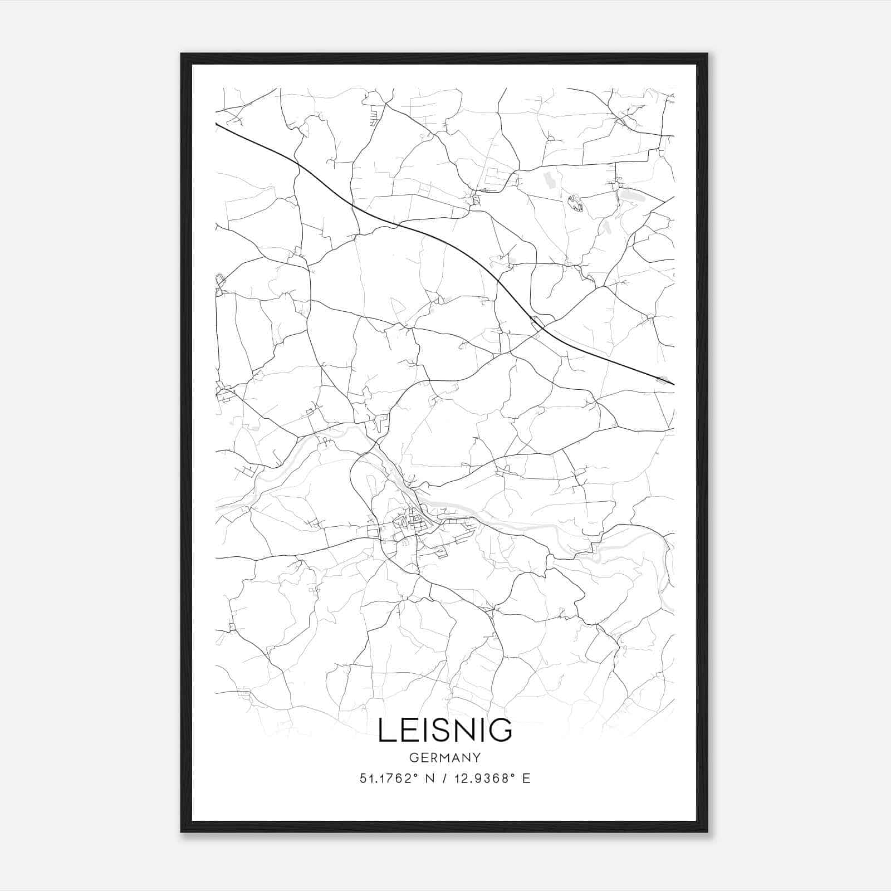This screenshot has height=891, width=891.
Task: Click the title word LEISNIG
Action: [445, 730]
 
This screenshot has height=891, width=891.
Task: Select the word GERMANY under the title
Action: [445, 758]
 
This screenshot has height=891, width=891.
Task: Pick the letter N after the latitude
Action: [429, 779]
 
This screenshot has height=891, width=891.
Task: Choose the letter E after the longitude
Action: [526, 779]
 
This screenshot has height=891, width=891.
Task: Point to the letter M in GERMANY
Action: [447, 758]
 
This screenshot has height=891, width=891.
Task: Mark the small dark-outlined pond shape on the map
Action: [575, 203]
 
